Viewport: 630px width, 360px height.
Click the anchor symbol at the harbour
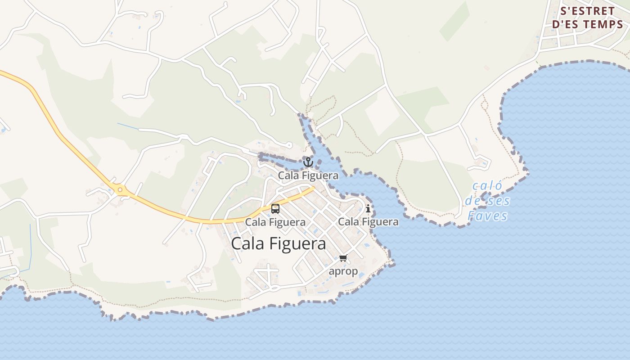(308, 162)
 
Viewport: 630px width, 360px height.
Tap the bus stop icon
(275, 209)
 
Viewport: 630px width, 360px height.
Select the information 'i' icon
(368, 208)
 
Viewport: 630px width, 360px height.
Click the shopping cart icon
(343, 258)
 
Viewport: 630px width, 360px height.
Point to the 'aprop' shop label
(343, 271)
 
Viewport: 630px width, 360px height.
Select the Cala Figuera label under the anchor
(308, 175)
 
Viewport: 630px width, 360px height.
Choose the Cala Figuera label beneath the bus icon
(275, 222)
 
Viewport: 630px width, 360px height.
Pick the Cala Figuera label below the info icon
(368, 221)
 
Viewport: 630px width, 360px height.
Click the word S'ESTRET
(587, 11)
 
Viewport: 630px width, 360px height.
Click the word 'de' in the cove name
(474, 201)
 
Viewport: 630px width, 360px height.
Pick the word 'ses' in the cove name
(499, 201)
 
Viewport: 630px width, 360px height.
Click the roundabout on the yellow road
(120, 189)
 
